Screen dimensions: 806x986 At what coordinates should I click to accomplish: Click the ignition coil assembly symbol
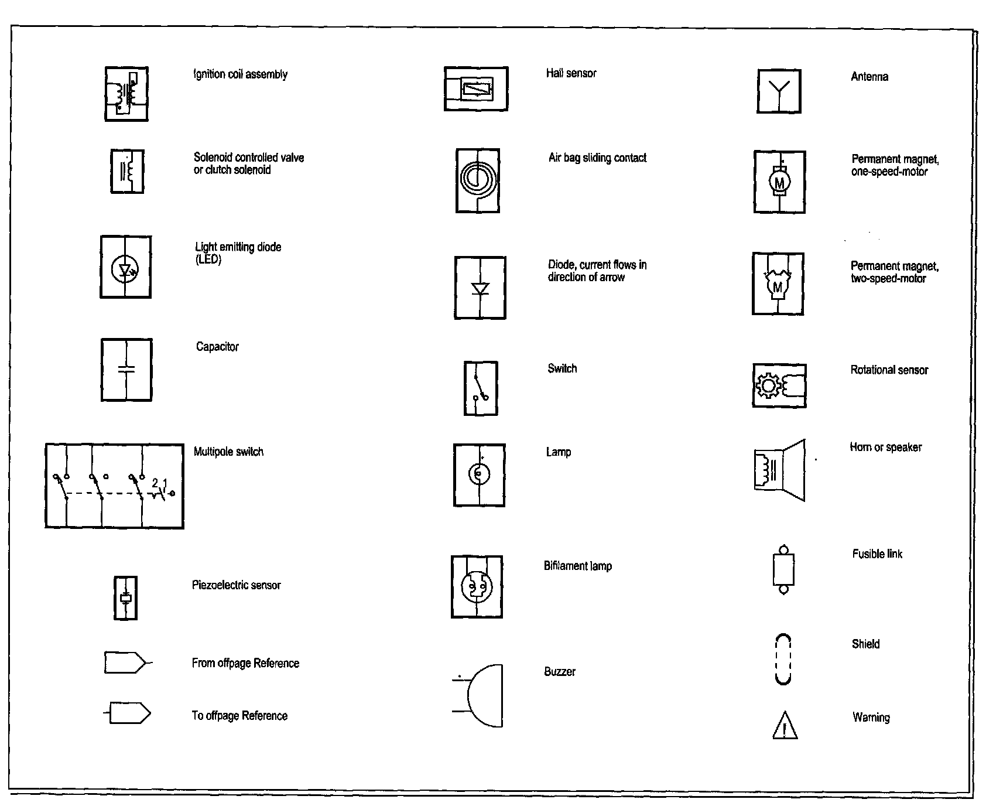tap(126, 94)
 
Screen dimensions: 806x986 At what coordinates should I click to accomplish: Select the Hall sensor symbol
tap(476, 89)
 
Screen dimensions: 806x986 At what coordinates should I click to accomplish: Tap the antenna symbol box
tap(779, 92)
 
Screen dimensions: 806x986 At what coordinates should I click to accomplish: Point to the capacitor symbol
tap(126, 370)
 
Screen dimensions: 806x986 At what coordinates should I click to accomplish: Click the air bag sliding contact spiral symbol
tap(478, 180)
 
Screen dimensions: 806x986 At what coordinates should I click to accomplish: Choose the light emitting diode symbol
tap(126, 267)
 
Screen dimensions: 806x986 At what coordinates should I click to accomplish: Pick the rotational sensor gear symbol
tap(779, 386)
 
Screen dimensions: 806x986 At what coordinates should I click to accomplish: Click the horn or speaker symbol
tap(779, 470)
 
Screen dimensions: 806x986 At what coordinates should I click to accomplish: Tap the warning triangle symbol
tap(784, 725)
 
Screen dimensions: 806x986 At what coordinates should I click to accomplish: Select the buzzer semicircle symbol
tap(484, 696)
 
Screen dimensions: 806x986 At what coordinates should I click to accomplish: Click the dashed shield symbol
tap(783, 660)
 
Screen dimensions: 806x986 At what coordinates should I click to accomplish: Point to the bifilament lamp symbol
tap(477, 587)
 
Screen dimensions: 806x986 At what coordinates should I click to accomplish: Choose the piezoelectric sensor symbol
tap(125, 598)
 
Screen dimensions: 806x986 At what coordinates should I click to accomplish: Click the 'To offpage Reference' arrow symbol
tap(129, 713)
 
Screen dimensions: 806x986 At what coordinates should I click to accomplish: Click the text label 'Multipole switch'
tap(228, 452)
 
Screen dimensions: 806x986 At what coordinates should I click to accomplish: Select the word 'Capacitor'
tap(217, 347)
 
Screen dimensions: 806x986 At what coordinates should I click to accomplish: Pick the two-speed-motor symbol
tap(778, 284)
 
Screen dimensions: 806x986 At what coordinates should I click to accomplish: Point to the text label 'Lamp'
tap(558, 452)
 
